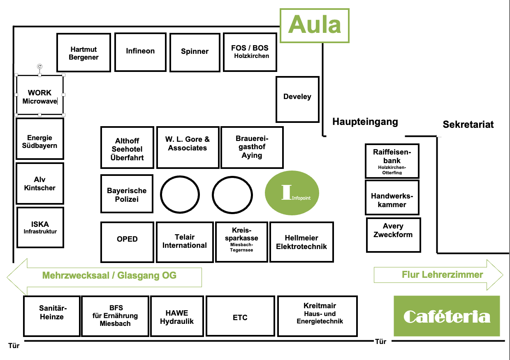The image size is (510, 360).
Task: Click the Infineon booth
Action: coord(140,52)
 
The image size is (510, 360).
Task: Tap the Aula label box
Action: coord(315,25)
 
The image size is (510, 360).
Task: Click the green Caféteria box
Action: coord(447,316)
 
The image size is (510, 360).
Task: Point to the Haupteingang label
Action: coord(365,122)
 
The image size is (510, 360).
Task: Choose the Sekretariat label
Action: coord(468,125)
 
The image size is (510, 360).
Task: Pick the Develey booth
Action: coord(297,99)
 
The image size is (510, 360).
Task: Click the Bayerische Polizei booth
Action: coord(127,194)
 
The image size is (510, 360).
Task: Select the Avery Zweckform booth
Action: coord(393,235)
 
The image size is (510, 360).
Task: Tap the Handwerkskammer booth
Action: coord(392,197)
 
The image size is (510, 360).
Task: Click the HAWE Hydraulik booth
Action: coord(177,316)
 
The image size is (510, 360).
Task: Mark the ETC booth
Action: coord(240,316)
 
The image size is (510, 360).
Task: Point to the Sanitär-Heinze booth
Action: coord(51,316)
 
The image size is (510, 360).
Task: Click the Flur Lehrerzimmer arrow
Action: coord(438,275)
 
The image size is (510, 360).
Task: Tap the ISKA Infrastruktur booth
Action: coord(40,227)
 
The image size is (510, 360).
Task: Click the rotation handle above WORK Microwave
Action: coord(39,66)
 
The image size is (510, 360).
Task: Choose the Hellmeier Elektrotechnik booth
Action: coord(301,242)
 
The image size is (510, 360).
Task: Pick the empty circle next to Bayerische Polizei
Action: coord(179,194)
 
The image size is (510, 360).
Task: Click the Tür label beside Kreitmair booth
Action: coord(381,342)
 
